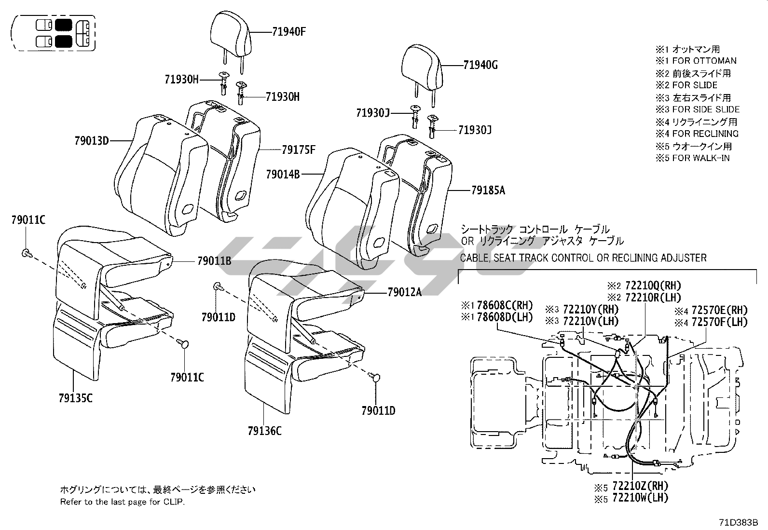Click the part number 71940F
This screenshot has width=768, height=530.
coord(289,32)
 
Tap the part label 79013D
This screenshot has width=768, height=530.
coord(92,141)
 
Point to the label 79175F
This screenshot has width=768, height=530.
coord(299,150)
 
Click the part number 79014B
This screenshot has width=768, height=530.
coord(283,174)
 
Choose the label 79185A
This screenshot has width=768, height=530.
coord(488,190)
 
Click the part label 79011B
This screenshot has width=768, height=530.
coord(214,261)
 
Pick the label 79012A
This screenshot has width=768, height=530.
coord(404,292)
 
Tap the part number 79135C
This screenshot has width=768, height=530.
coord(75,398)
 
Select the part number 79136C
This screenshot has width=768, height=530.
coord(264,431)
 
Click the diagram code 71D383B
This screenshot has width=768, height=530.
coord(739,522)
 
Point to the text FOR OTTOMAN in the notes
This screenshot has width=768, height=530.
coord(704,61)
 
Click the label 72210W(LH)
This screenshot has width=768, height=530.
coord(640,498)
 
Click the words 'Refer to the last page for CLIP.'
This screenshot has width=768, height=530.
coord(122,502)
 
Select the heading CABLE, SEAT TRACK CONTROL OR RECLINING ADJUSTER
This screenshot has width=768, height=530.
coord(583,258)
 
